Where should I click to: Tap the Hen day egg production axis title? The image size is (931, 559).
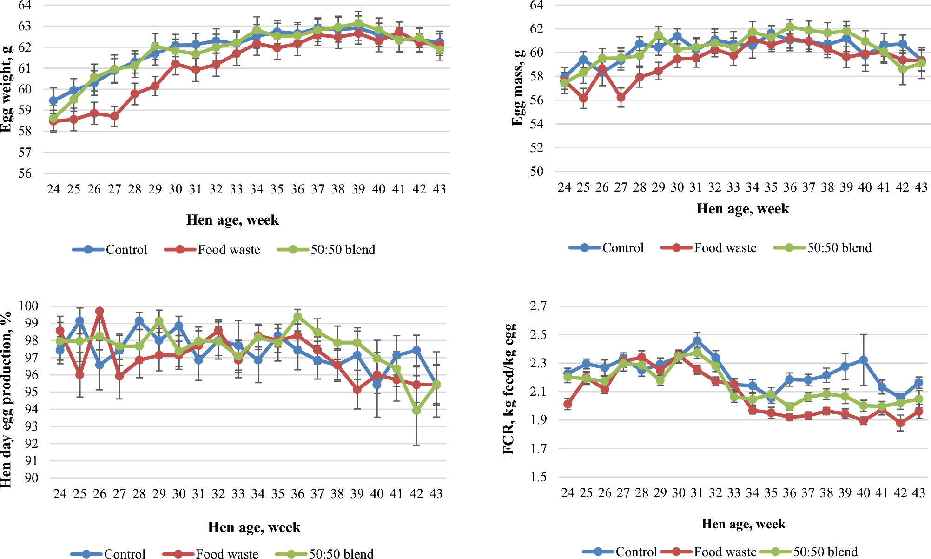6,400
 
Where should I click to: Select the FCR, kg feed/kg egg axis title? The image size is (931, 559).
509,389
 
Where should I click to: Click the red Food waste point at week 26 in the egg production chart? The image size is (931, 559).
99,311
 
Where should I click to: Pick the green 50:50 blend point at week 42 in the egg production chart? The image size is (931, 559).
416,411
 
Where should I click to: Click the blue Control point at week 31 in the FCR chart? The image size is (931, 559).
697,341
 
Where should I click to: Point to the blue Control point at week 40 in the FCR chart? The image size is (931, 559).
864,360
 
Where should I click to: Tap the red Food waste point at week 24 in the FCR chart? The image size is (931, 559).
568,404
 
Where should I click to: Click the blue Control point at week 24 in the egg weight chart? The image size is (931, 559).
53,100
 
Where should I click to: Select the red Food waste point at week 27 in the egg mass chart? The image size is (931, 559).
621,98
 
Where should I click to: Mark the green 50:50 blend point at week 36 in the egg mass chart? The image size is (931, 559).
790,27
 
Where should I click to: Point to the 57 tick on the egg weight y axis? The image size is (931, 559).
25,153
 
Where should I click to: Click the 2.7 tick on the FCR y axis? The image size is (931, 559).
539,306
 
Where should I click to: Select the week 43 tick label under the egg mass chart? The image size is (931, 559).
921,187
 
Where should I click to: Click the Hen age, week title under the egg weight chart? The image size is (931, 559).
232,220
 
